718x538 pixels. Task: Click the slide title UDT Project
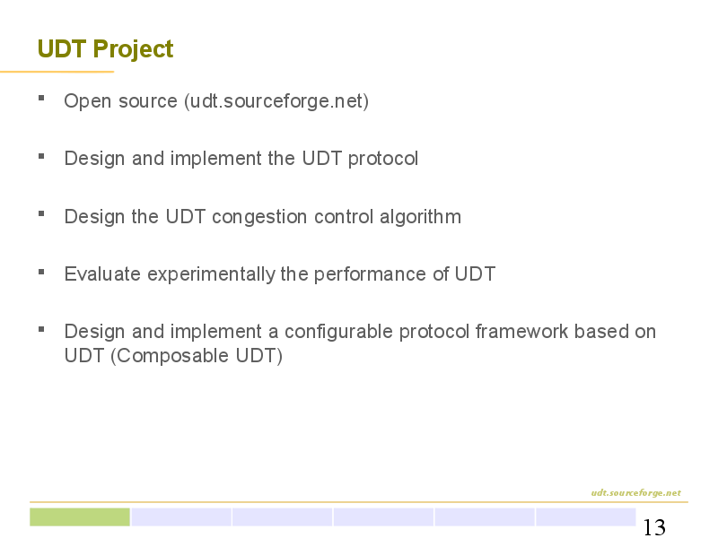click(x=105, y=49)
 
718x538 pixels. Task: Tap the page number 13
click(x=654, y=527)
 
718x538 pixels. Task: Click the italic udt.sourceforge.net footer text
click(x=636, y=492)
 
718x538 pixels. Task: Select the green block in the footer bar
click(x=80, y=517)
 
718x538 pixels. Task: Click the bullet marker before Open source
click(x=41, y=98)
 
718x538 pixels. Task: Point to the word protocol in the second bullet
click(x=383, y=160)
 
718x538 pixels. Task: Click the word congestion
click(x=259, y=217)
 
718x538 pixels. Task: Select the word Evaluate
click(x=102, y=274)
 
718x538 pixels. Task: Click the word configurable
click(x=338, y=332)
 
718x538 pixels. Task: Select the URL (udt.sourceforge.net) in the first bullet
click(x=276, y=101)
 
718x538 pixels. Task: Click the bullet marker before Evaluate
click(x=41, y=272)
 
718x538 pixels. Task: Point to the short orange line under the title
click(x=57, y=72)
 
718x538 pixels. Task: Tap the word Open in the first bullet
click(x=88, y=101)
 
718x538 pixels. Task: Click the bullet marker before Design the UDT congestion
click(x=41, y=213)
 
